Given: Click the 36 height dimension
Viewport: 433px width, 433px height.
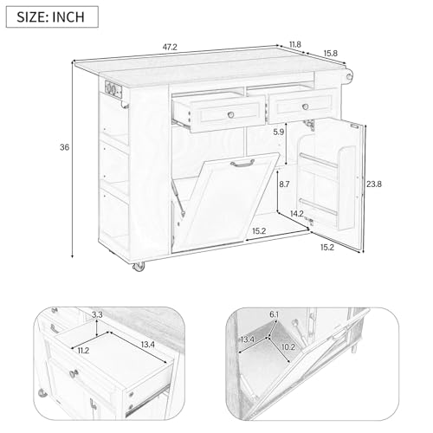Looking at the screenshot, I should pyautogui.click(x=63, y=148).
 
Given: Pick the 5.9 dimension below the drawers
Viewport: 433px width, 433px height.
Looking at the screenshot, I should pyautogui.click(x=278, y=132).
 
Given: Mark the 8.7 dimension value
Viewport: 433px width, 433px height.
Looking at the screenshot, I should pyautogui.click(x=284, y=184).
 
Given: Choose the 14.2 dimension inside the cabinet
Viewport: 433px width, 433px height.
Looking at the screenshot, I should pyautogui.click(x=297, y=213).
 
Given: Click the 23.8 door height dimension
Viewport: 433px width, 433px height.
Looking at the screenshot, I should pyautogui.click(x=375, y=184).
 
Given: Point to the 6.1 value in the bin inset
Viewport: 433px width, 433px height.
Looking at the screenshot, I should pyautogui.click(x=274, y=314).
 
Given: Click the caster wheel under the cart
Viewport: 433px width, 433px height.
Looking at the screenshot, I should pyautogui.click(x=137, y=269).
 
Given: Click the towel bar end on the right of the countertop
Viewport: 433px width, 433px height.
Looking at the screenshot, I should pyautogui.click(x=350, y=78).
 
